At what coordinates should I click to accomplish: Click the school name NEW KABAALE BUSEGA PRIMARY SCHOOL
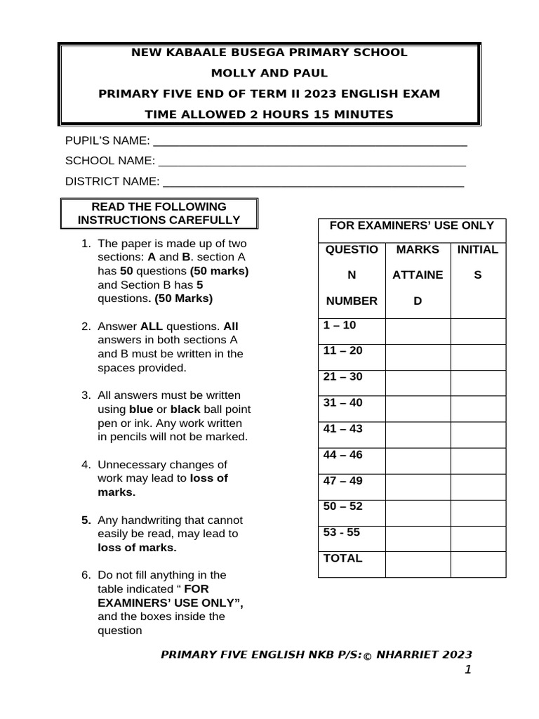(x=270, y=53)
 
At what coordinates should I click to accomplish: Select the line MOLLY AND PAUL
(x=270, y=73)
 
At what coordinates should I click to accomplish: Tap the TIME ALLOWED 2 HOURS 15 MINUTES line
(x=270, y=114)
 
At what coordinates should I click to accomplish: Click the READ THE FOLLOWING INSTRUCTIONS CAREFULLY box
(x=159, y=213)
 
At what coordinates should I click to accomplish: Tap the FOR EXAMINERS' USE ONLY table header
(x=412, y=226)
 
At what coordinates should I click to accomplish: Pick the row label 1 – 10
(x=340, y=325)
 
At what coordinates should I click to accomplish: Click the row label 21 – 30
(x=342, y=377)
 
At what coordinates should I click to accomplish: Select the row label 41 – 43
(x=342, y=429)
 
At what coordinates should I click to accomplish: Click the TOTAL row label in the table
(x=342, y=559)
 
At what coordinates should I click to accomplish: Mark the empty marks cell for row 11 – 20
(x=417, y=357)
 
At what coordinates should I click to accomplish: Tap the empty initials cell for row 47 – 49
(x=477, y=487)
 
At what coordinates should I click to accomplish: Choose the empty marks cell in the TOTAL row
(x=417, y=565)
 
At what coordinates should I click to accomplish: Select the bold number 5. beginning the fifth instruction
(x=86, y=520)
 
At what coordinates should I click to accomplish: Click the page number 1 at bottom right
(x=467, y=670)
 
